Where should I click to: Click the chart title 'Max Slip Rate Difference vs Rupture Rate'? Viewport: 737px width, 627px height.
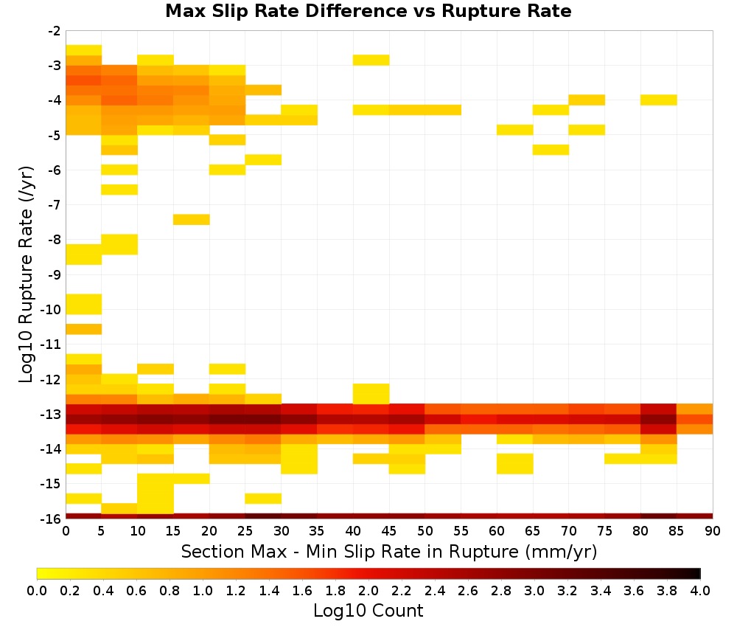(368, 11)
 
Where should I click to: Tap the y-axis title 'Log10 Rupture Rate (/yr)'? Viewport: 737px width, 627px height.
(27, 274)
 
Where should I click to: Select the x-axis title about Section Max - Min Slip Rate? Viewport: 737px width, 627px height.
(389, 552)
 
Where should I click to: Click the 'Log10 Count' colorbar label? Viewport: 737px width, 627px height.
(368, 611)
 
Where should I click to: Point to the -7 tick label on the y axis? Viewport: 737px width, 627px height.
(55, 204)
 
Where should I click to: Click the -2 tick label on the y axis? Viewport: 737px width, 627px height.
(55, 31)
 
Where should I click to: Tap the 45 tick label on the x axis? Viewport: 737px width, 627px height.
(389, 531)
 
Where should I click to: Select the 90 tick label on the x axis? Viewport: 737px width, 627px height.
(713, 531)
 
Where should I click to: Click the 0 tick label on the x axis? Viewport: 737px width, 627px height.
(66, 531)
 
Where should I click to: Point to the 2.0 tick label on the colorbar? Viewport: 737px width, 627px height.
(368, 591)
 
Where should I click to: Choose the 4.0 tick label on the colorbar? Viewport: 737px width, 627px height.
(700, 591)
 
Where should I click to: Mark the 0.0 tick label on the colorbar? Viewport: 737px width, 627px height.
(37, 591)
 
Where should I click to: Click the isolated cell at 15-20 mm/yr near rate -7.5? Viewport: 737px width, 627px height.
(192, 219)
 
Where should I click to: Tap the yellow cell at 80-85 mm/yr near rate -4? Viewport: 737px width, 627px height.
(658, 100)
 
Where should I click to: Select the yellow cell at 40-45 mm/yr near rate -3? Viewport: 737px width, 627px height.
(371, 60)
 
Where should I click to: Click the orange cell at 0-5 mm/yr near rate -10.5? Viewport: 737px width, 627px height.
(84, 329)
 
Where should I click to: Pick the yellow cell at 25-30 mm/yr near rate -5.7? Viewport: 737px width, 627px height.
(263, 159)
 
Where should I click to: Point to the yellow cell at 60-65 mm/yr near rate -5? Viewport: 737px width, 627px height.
(514, 129)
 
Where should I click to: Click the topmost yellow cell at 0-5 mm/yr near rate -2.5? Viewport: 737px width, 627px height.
(84, 50)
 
